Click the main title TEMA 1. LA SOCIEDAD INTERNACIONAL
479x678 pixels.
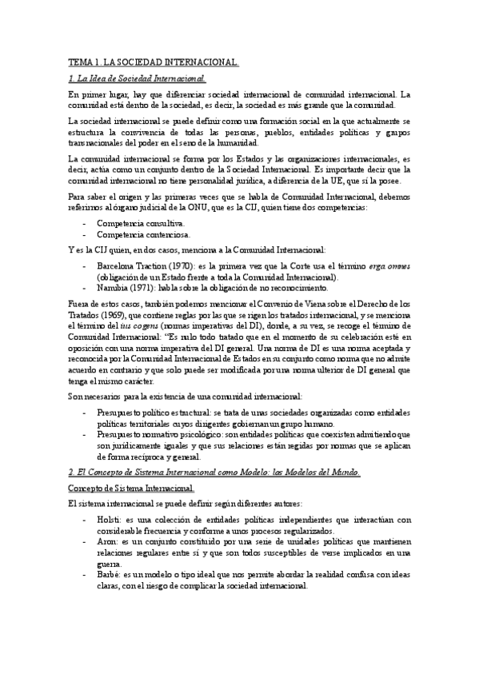(154, 62)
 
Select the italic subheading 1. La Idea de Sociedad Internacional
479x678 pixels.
(138, 78)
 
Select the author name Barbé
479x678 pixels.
(109, 574)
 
